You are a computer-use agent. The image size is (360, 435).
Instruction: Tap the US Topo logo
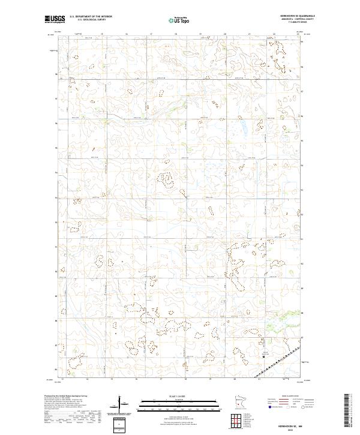click(179, 20)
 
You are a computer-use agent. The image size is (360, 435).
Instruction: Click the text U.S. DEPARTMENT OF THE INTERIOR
click(91, 17)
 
